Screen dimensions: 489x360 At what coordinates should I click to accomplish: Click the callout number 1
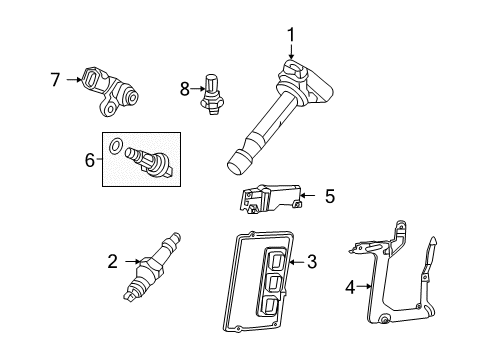[x=291, y=35]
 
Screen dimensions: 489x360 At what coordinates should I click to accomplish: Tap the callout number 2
[x=113, y=262]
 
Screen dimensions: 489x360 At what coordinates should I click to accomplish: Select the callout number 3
[x=312, y=262]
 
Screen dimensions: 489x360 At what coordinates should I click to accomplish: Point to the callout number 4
[x=350, y=287]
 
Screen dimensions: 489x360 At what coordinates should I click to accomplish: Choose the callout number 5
[x=330, y=196]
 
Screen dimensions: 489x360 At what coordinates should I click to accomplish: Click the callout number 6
[x=90, y=160]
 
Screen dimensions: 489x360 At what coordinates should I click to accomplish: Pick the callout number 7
[x=55, y=80]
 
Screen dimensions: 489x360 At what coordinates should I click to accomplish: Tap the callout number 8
[x=185, y=89]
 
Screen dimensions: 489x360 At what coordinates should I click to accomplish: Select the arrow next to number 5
[x=307, y=195]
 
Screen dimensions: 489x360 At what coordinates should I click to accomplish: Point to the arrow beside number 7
[x=74, y=79]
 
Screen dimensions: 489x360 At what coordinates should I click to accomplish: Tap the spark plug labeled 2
[x=152, y=267]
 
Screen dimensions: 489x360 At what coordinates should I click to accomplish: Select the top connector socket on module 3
[x=275, y=260]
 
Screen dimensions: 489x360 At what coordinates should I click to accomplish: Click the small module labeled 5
[x=270, y=198]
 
